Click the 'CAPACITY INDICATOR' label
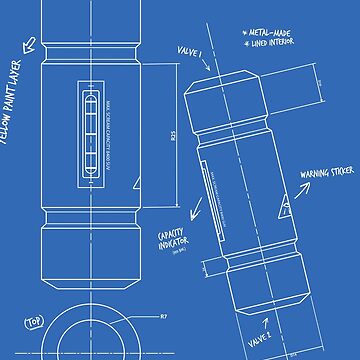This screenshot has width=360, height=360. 175,241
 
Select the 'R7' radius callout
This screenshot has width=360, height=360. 163,316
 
